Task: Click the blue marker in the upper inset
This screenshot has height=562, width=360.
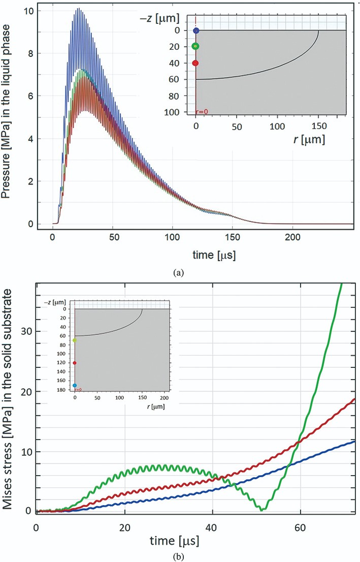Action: [x=196, y=30]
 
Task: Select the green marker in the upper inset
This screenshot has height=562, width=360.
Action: [x=195, y=46]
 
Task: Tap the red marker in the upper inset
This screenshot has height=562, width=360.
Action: [x=195, y=63]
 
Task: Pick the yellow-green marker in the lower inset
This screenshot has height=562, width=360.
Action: [x=75, y=340]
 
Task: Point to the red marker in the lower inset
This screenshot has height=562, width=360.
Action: [x=75, y=363]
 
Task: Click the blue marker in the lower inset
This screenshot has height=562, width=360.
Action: [x=75, y=386]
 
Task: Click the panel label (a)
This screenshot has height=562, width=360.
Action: [x=177, y=273]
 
